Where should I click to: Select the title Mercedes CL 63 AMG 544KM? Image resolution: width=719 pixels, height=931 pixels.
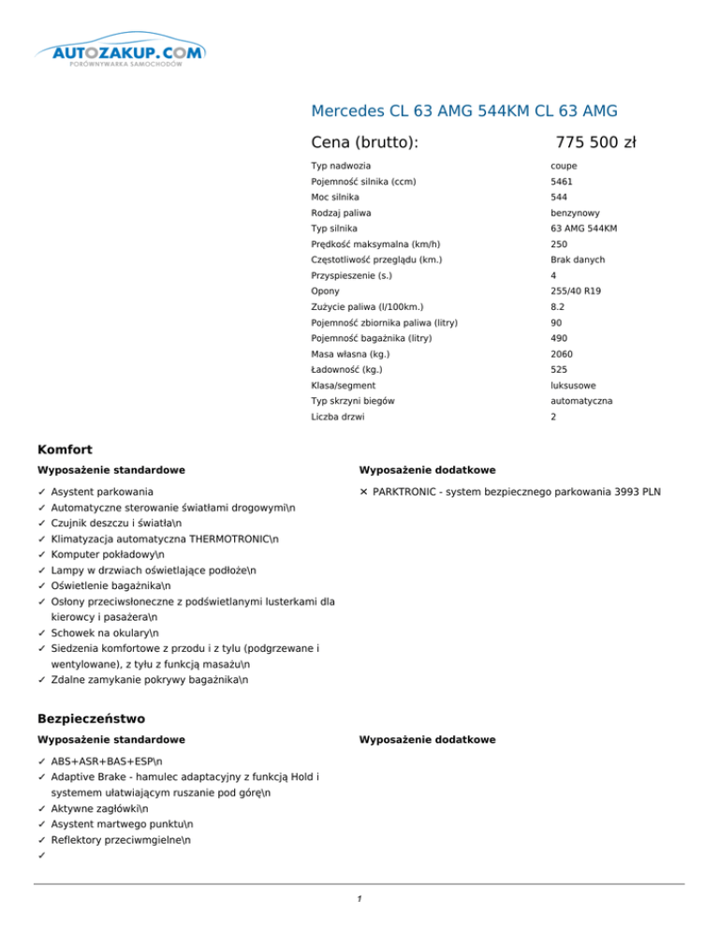coord(463,111)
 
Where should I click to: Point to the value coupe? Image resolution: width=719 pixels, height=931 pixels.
coord(564,166)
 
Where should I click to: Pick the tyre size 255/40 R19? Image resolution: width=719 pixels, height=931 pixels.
coord(576,291)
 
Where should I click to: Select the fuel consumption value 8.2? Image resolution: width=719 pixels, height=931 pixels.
coord(558,307)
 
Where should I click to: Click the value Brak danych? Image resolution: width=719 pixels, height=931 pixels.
coord(579,259)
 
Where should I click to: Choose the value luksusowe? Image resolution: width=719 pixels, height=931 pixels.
coord(574,386)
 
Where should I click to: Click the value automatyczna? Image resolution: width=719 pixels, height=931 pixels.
coord(581,401)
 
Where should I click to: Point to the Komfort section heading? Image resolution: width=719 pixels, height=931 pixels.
coord(64,451)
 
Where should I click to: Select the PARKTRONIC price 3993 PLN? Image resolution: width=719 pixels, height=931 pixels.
coord(630,491)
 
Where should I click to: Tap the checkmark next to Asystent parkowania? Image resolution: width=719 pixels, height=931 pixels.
coord(42,491)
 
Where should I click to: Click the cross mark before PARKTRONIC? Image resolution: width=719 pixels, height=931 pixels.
coord(363,491)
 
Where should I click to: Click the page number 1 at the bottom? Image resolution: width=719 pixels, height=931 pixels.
coord(359,900)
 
